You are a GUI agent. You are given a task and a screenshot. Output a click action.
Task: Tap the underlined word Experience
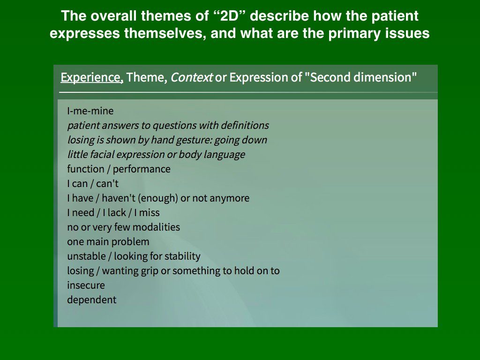pos(92,77)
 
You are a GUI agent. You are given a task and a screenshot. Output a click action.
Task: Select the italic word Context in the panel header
pos(191,77)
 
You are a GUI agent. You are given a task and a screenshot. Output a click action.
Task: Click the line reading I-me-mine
pos(90,111)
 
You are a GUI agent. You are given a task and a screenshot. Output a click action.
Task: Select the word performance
pos(142,169)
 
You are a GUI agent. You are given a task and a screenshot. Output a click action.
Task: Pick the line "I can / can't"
pos(93,184)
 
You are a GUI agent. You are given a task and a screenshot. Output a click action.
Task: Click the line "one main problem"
pos(108,242)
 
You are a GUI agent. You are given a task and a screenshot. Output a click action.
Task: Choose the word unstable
pos(86,256)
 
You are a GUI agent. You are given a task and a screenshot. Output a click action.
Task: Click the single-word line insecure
pos(86,285)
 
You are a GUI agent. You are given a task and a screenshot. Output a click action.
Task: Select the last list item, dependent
pos(92,300)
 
